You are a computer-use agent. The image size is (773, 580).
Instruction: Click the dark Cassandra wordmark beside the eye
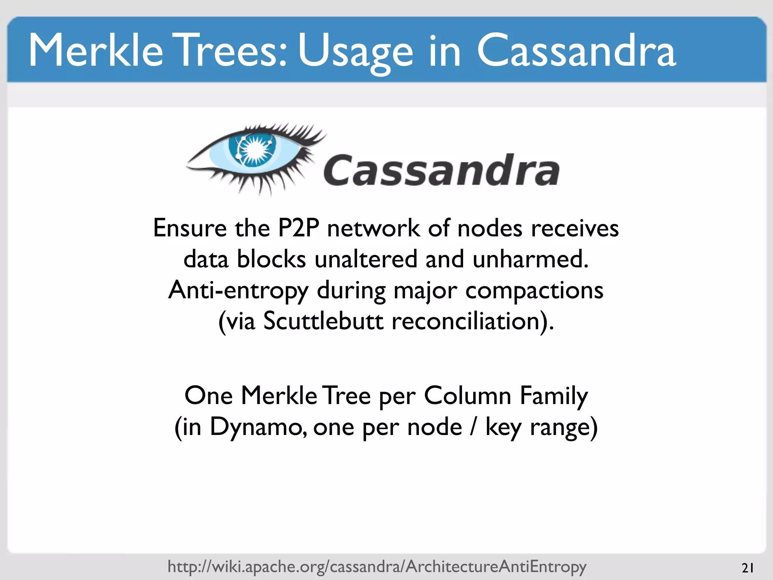[441, 171]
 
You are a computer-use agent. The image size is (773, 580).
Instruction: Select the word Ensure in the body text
[190, 228]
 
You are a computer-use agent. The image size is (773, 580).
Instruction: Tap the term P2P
[298, 228]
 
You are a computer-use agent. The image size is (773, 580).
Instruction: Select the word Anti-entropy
[238, 291]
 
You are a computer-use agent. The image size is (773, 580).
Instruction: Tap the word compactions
[534, 291]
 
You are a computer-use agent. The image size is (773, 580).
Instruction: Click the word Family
[554, 396]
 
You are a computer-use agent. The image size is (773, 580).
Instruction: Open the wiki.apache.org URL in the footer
[377, 566]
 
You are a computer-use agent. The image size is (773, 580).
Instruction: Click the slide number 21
[748, 568]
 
